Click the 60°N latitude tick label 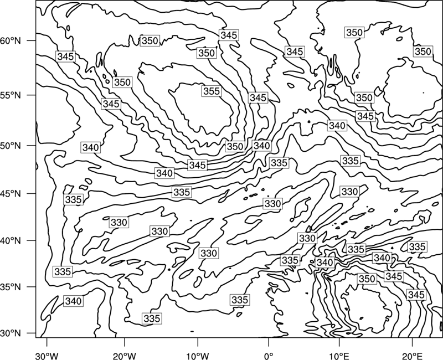[x=11, y=41]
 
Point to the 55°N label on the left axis [x=11, y=95]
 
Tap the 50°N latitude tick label [x=11, y=146]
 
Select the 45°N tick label [x=11, y=193]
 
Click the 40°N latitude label [x=11, y=241]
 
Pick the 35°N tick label [x=11, y=287]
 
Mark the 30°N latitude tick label [x=11, y=333]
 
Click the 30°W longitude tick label [x=47, y=356]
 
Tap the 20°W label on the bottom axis [x=124, y=356]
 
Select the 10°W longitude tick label [x=198, y=356]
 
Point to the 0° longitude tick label [x=269, y=356]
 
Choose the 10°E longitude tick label [x=339, y=356]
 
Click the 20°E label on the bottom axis [x=412, y=356]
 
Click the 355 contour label [x=212, y=91]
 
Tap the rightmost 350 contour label [x=423, y=52]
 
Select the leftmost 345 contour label [x=65, y=56]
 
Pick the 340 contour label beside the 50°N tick [x=91, y=147]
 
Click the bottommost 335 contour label [x=152, y=318]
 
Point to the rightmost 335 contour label [x=417, y=247]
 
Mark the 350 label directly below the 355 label [x=235, y=146]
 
